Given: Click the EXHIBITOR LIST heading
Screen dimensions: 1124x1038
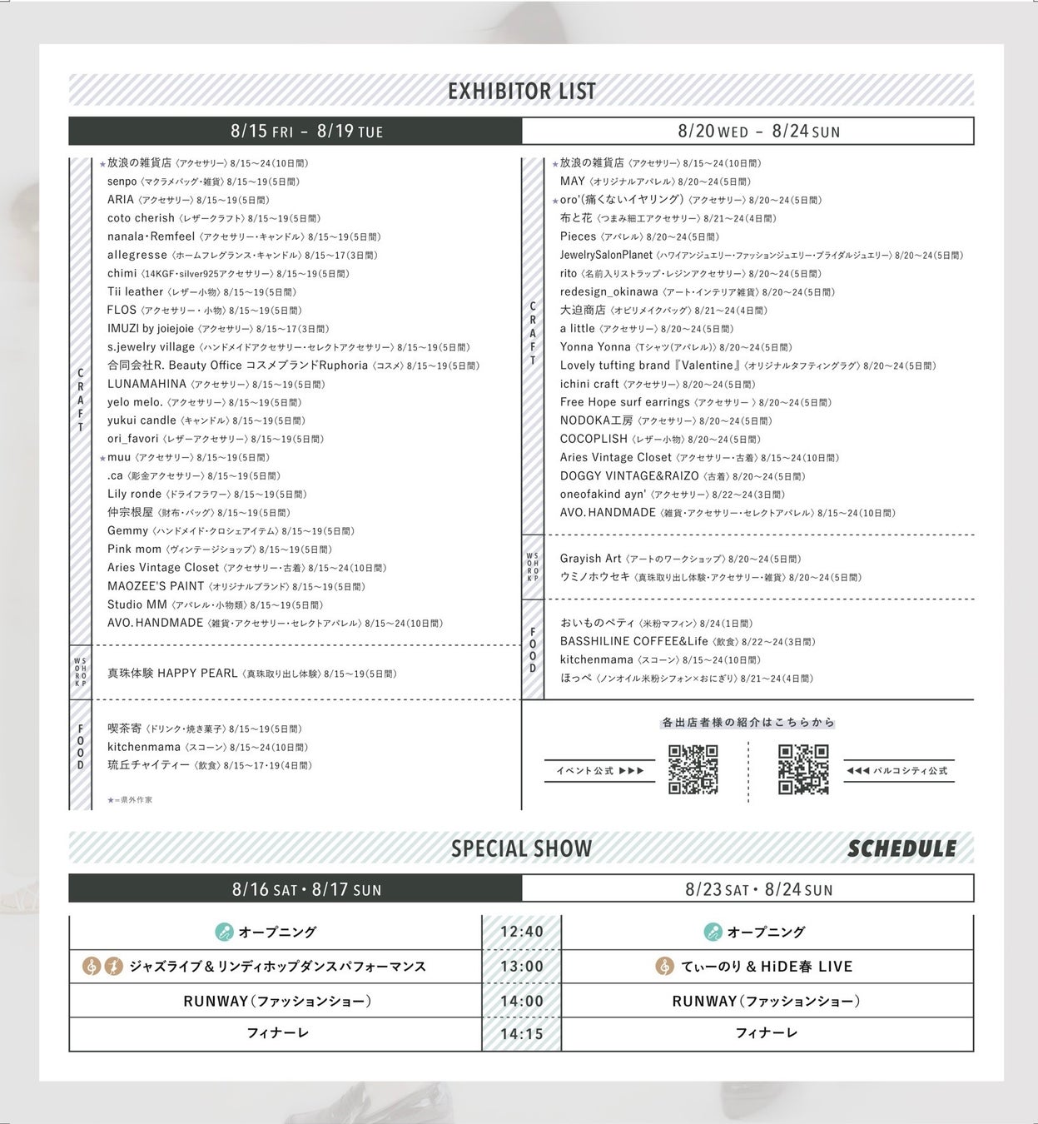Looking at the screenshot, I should pyautogui.click(x=522, y=91).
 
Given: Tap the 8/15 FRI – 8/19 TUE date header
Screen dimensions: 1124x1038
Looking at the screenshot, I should pyautogui.click(x=306, y=131).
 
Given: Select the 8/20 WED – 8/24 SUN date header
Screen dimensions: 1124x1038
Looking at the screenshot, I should pyautogui.click(x=758, y=131).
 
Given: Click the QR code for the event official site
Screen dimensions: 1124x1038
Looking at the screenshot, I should pyautogui.click(x=693, y=769).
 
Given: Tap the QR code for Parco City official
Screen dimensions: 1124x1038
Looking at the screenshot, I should pyautogui.click(x=803, y=769).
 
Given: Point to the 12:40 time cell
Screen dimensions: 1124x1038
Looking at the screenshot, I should pyautogui.click(x=522, y=932).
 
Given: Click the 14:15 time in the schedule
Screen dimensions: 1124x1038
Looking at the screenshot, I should pyautogui.click(x=522, y=1034).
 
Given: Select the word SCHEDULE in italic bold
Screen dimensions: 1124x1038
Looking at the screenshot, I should pyautogui.click(x=901, y=848).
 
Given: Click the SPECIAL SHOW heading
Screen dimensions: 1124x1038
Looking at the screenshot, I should pyautogui.click(x=522, y=848).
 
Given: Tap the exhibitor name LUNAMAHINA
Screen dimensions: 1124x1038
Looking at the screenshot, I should pyautogui.click(x=147, y=384).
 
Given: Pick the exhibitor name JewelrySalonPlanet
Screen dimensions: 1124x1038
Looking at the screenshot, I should pyautogui.click(x=606, y=255).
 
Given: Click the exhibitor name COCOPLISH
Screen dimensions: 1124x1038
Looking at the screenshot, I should pyautogui.click(x=593, y=439).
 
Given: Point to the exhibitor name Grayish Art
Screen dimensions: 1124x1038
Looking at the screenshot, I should pyautogui.click(x=590, y=559).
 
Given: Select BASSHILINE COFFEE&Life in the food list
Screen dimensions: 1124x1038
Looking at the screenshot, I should pyautogui.click(x=633, y=641).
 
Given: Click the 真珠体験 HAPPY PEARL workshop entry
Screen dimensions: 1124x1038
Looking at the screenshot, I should pyautogui.click(x=172, y=673).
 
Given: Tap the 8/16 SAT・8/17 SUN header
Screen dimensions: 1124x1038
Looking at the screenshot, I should pyautogui.click(x=306, y=889).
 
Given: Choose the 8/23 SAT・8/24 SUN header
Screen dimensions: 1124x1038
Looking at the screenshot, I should pyautogui.click(x=758, y=889).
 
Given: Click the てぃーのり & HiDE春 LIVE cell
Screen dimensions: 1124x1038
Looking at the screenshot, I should pyautogui.click(x=766, y=967).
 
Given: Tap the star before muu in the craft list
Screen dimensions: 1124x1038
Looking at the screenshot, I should pyautogui.click(x=102, y=458).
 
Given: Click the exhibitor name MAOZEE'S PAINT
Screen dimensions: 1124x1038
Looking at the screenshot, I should pyautogui.click(x=156, y=586).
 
